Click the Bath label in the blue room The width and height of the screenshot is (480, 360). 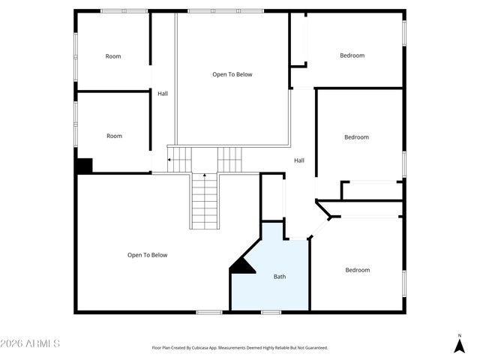[x=279, y=277]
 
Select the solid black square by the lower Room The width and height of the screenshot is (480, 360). [x=84, y=166]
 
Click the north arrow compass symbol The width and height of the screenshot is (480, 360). [x=459, y=346]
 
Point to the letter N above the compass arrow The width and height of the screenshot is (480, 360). [x=459, y=335]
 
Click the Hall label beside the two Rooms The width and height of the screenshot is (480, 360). [x=163, y=94]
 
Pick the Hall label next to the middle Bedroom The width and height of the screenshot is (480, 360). [x=299, y=160]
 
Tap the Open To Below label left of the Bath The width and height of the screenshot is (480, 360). [x=147, y=255]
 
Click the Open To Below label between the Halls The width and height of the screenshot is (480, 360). [x=232, y=74]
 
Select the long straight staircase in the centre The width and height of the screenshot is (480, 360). [x=204, y=201]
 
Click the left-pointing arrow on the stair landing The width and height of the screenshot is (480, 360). [x=170, y=159]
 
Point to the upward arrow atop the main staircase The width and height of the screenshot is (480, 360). [x=204, y=175]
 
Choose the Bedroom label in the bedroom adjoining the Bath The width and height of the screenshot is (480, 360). [x=357, y=270]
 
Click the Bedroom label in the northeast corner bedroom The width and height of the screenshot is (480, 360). [x=352, y=55]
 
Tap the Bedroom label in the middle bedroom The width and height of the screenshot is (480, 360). [x=356, y=137]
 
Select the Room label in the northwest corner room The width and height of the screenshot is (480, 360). [x=113, y=56]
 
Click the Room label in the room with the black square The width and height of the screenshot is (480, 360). [x=114, y=136]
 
